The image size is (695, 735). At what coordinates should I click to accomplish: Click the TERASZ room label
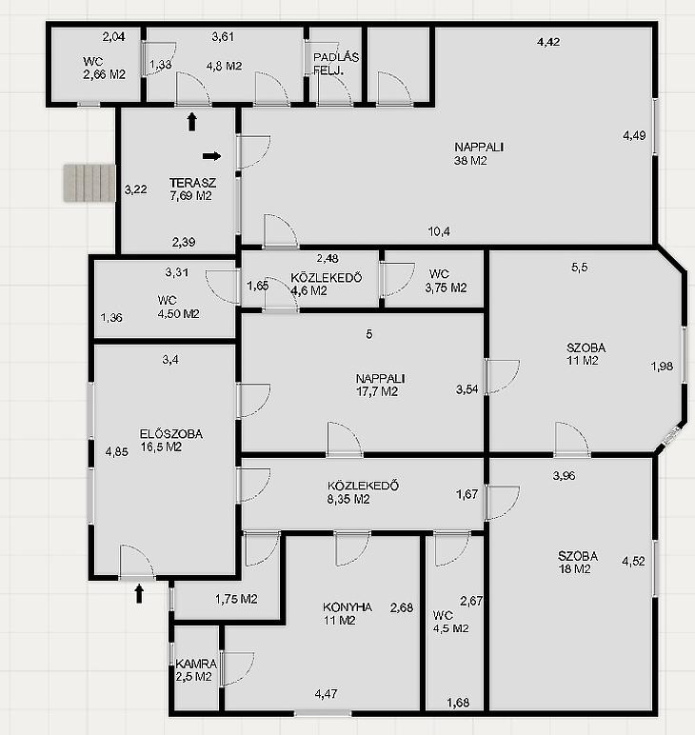tap(192, 183)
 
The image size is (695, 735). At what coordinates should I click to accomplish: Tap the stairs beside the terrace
tap(89, 183)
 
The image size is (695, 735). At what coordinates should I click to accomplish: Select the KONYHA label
tap(347, 607)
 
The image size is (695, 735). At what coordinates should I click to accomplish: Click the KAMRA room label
tap(196, 664)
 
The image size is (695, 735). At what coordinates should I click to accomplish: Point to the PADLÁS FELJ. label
tap(335, 64)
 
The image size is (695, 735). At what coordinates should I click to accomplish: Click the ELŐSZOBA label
tap(171, 434)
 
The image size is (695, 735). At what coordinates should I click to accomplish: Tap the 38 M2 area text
tap(470, 161)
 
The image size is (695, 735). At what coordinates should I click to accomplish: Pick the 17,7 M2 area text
tap(377, 391)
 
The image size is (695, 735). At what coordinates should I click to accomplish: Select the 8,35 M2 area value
tap(348, 499)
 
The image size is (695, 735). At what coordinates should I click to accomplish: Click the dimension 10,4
tap(439, 231)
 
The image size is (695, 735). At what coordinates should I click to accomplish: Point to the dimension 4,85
tap(117, 452)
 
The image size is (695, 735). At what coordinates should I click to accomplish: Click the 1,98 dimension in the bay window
tap(662, 367)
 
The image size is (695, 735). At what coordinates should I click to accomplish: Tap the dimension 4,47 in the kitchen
tap(326, 693)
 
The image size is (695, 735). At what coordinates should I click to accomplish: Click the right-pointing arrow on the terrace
tap(211, 156)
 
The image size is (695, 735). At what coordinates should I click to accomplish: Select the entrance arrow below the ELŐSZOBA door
tap(139, 593)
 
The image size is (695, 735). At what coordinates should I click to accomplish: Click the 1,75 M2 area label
tap(236, 599)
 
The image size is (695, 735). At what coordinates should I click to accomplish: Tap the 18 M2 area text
tap(574, 569)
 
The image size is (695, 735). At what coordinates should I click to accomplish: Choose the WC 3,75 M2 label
tap(446, 281)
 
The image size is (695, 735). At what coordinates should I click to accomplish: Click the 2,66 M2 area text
tap(104, 74)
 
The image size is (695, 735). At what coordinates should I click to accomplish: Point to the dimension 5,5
tap(579, 268)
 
